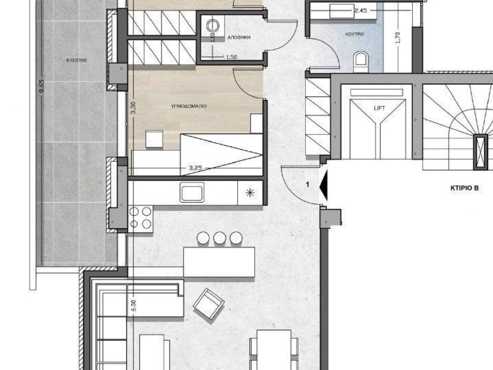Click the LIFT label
379,108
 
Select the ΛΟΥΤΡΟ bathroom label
354,35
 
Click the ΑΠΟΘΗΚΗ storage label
238,37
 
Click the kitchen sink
192,192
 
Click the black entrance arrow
324,185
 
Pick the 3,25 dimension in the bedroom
195,168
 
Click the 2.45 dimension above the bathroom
361,9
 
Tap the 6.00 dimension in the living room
134,307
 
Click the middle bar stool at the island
220,238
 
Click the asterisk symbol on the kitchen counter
249,193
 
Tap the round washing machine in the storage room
213,26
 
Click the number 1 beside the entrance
308,184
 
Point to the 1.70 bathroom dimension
398,38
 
